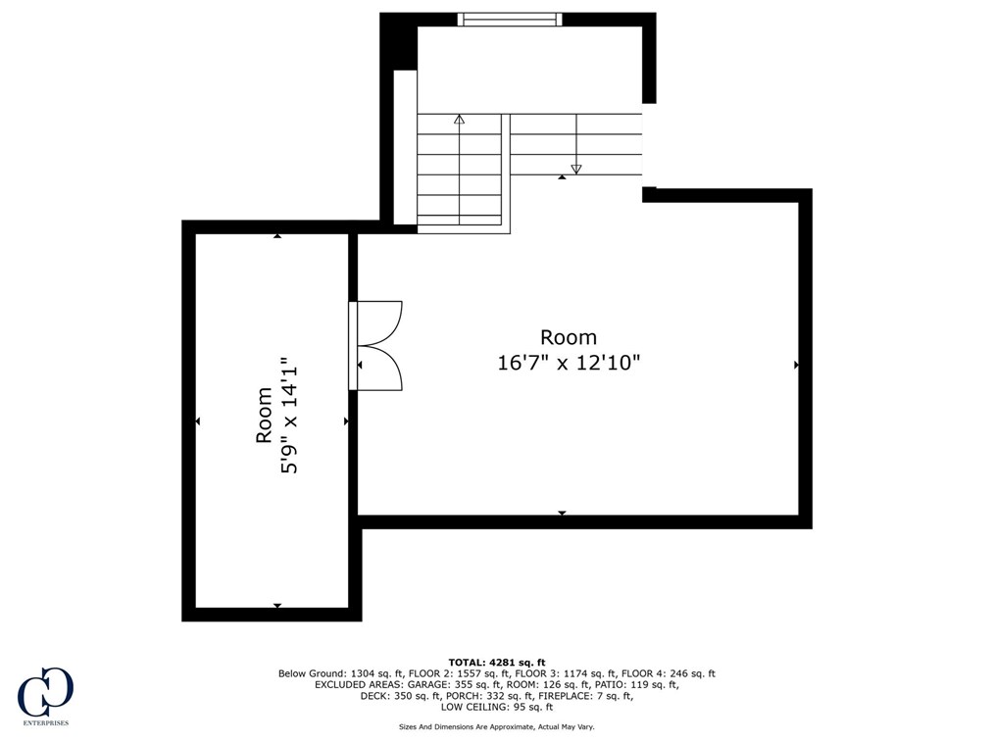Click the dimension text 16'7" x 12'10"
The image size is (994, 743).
point(569,363)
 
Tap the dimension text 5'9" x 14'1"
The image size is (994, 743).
point(289,416)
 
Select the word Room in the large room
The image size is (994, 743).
point(569,337)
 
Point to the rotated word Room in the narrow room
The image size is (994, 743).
point(264,416)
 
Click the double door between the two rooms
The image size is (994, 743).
point(376,345)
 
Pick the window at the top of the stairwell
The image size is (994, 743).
point(510,19)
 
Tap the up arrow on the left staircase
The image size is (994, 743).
point(459,120)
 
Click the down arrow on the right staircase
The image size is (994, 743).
point(576,169)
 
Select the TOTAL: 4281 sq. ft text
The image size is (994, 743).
point(496,662)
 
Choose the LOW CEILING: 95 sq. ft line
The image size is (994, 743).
point(497,707)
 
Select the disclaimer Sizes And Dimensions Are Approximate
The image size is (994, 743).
point(496,726)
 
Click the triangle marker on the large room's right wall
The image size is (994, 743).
point(796,365)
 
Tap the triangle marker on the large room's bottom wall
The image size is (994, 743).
point(562,513)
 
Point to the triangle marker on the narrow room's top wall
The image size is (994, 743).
point(277,236)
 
